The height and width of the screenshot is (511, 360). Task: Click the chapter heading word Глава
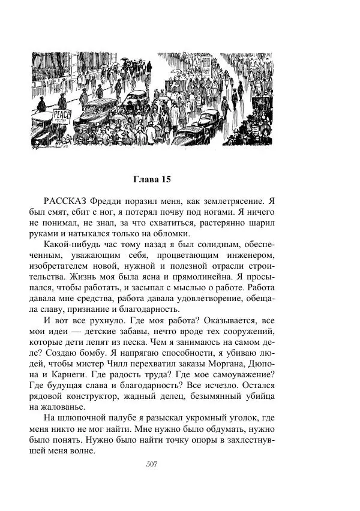click(145, 179)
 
